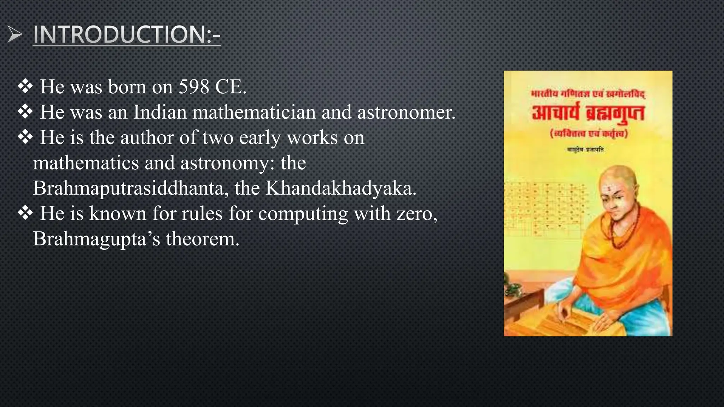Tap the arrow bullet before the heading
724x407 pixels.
tap(15, 35)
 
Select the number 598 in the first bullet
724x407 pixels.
tap(194, 87)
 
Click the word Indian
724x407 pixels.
tap(160, 112)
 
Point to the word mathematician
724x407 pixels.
tap(254, 112)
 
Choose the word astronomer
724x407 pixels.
tap(406, 112)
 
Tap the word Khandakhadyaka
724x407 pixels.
tap(341, 188)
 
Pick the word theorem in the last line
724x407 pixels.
tap(203, 239)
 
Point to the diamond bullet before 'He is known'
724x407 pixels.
tap(25, 213)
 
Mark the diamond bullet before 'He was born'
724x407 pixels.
tap(25, 87)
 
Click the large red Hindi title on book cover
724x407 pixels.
tap(588, 113)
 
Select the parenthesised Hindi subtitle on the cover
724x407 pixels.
tap(588, 134)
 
